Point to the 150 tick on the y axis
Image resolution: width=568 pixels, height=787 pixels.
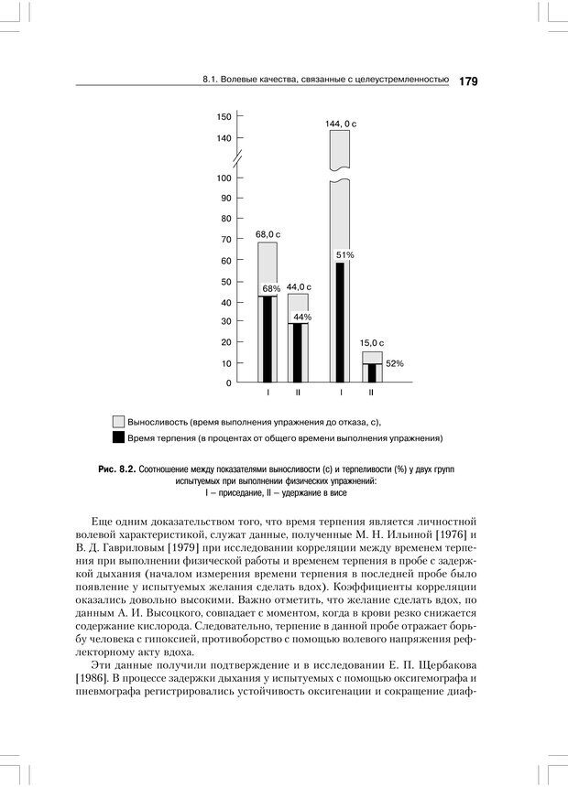pyautogui.click(x=224, y=116)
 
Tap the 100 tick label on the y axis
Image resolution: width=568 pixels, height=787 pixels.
pyautogui.click(x=224, y=177)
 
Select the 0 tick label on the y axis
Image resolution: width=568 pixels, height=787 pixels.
pyautogui.click(x=228, y=383)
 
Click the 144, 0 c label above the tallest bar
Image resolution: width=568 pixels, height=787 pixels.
pyautogui.click(x=340, y=123)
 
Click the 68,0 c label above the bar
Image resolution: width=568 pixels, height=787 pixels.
pyautogui.click(x=268, y=234)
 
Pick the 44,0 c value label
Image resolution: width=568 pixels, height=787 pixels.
pyautogui.click(x=299, y=286)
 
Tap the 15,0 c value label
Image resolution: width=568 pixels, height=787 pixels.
pyautogui.click(x=371, y=343)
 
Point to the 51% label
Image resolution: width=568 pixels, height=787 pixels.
pyautogui.click(x=345, y=254)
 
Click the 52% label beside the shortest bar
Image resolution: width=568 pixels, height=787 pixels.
pyautogui.click(x=395, y=363)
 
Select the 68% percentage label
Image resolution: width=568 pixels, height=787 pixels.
pyautogui.click(x=271, y=289)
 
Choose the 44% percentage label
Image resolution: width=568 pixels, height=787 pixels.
pyautogui.click(x=302, y=317)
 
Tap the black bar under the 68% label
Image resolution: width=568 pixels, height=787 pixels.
pyautogui.click(x=268, y=340)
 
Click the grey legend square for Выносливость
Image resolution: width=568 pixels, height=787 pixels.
pyautogui.click(x=118, y=422)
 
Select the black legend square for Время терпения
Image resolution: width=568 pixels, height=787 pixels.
pyautogui.click(x=118, y=438)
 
